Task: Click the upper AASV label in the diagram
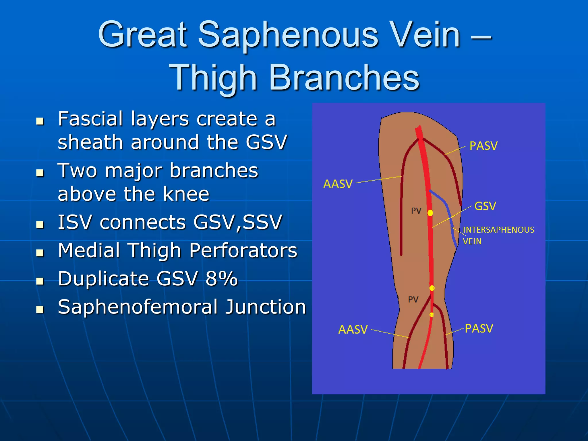tap(338, 184)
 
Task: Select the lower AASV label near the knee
tap(353, 329)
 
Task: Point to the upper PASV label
tap(483, 146)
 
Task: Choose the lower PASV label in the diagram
tap(479, 328)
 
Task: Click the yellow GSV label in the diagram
tap(485, 206)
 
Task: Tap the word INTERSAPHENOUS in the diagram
tap(498, 230)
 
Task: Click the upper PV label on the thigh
tap(416, 211)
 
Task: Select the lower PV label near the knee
tap(413, 300)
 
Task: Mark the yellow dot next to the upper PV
tap(430, 213)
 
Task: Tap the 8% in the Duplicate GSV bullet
tap(221, 278)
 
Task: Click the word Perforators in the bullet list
tap(243, 251)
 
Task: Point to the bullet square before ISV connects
tap(40, 224)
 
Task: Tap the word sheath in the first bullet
tap(92, 142)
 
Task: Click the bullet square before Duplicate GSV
tap(40, 281)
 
